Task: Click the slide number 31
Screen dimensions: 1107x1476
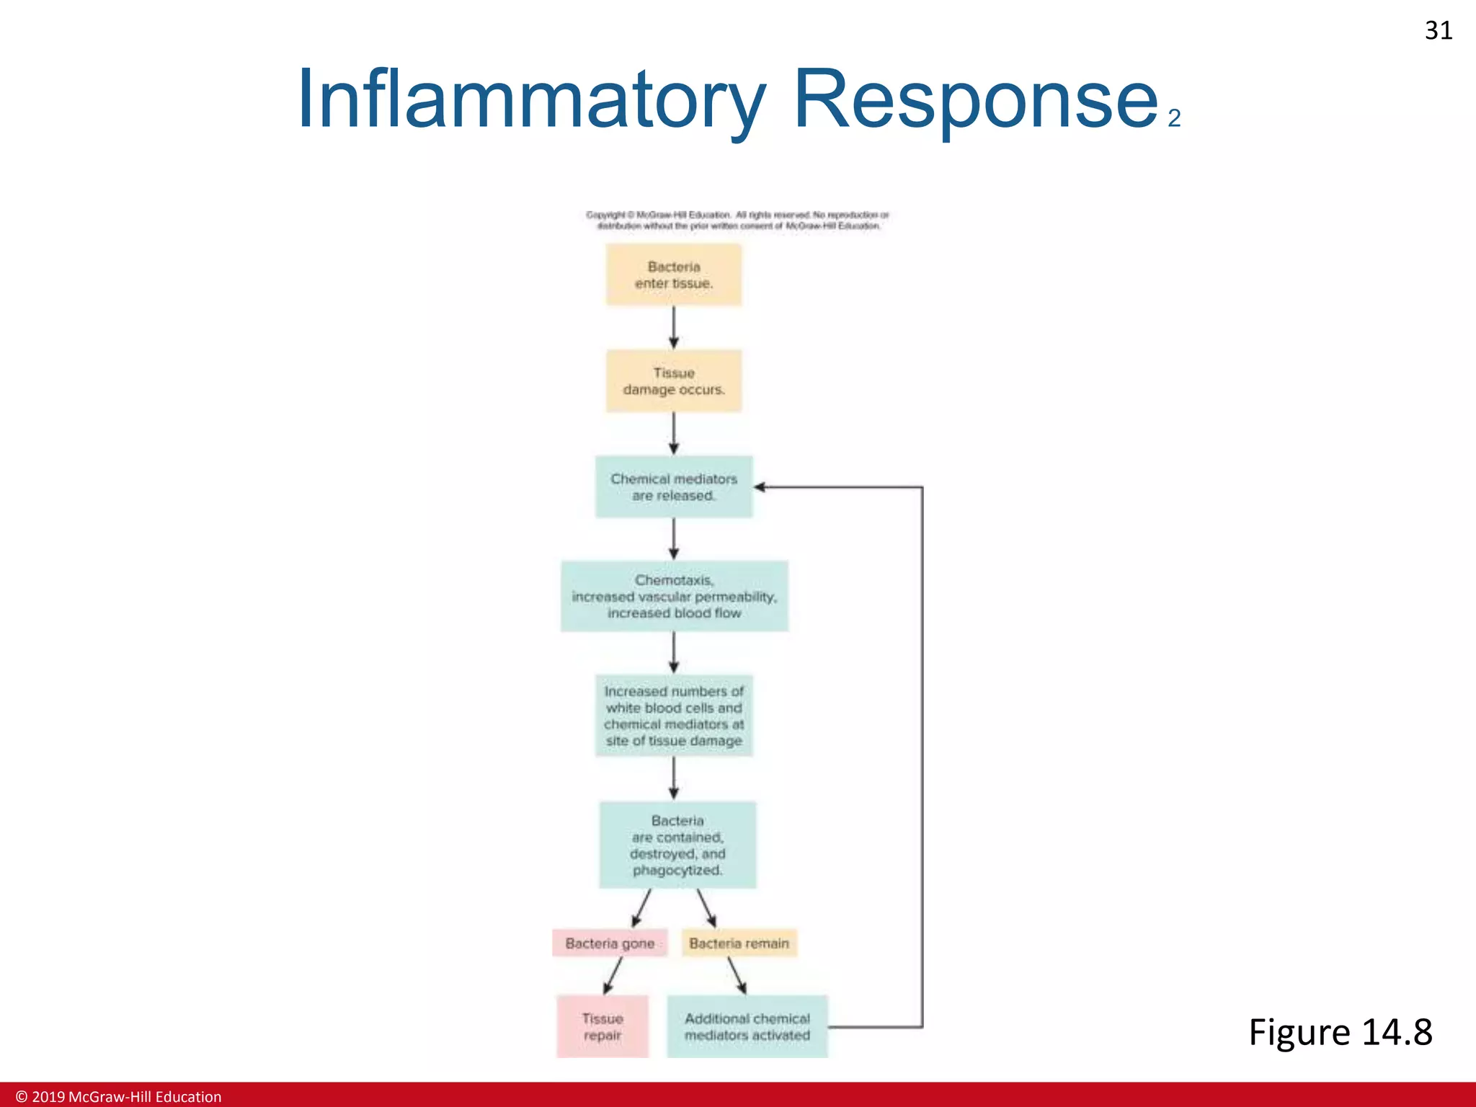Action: (x=1438, y=30)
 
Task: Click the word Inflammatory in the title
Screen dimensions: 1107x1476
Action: (x=531, y=99)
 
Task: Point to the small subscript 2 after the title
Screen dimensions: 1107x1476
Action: (x=1174, y=118)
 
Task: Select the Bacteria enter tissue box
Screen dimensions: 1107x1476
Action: (x=673, y=275)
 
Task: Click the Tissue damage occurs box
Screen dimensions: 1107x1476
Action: (x=673, y=381)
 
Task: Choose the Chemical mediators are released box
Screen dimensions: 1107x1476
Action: (x=673, y=486)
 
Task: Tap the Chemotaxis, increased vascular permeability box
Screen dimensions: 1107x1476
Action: (x=674, y=596)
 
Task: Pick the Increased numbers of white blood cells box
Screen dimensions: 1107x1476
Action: (x=673, y=716)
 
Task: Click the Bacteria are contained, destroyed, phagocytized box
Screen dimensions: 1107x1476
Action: (x=677, y=845)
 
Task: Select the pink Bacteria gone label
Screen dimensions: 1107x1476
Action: (x=610, y=943)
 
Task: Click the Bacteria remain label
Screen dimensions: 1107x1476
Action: (x=739, y=943)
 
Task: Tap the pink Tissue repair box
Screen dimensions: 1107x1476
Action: (x=603, y=1026)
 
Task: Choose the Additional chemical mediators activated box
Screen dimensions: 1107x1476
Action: (x=747, y=1026)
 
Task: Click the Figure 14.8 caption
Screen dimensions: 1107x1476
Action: (x=1340, y=1031)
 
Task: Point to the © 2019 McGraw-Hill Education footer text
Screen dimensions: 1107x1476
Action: (x=119, y=1096)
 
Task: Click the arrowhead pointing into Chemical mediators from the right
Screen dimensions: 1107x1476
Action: (x=760, y=487)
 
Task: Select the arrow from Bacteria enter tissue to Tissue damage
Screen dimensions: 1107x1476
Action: (x=673, y=328)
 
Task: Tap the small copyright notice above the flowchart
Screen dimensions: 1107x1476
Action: (x=737, y=220)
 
